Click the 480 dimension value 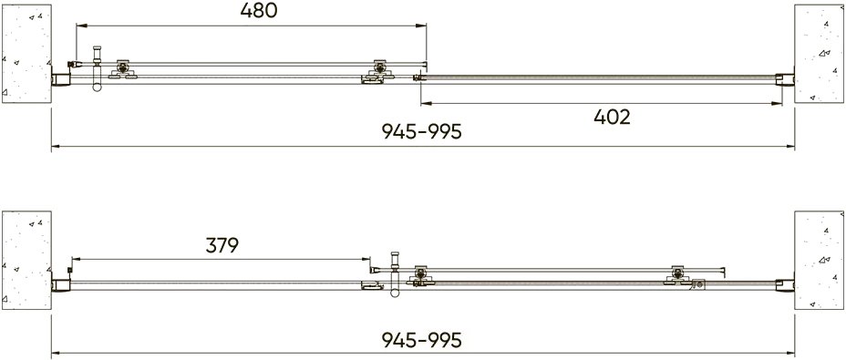click(x=258, y=11)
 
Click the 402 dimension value click(x=612, y=117)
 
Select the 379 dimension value click(x=222, y=245)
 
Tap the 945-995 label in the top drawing click(x=422, y=131)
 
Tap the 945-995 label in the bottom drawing click(x=422, y=339)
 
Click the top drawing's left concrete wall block click(x=26, y=54)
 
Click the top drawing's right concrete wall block click(x=819, y=54)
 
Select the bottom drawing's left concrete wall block click(x=26, y=261)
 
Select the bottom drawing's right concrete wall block click(x=819, y=261)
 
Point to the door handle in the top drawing click(x=98, y=68)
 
